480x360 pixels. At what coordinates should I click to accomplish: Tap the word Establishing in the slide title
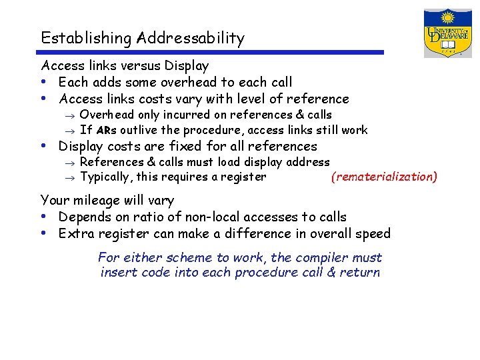[86, 39]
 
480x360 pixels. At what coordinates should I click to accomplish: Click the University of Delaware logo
[447, 33]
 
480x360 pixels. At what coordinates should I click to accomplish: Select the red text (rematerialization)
[385, 177]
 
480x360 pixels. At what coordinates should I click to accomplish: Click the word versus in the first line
[138, 66]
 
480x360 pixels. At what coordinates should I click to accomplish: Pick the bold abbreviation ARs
[107, 131]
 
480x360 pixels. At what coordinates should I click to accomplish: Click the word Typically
[106, 177]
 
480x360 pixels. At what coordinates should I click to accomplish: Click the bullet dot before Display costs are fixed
[43, 146]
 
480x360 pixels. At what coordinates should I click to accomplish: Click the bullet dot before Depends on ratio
[43, 217]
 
